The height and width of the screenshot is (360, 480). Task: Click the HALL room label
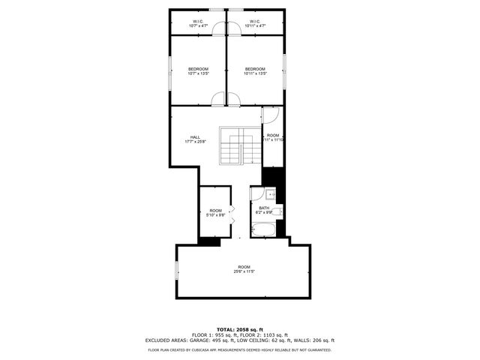click(x=195, y=136)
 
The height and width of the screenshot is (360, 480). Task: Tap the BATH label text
click(x=264, y=208)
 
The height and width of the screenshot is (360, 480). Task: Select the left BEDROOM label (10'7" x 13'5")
click(x=198, y=69)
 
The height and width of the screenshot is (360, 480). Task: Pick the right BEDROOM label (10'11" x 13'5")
click(x=255, y=69)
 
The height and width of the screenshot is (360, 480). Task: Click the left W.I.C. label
click(x=198, y=21)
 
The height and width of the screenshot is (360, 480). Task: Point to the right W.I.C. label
click(x=255, y=21)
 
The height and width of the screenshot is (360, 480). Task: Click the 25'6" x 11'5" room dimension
click(x=244, y=271)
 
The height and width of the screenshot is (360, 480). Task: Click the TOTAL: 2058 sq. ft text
click(x=240, y=329)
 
